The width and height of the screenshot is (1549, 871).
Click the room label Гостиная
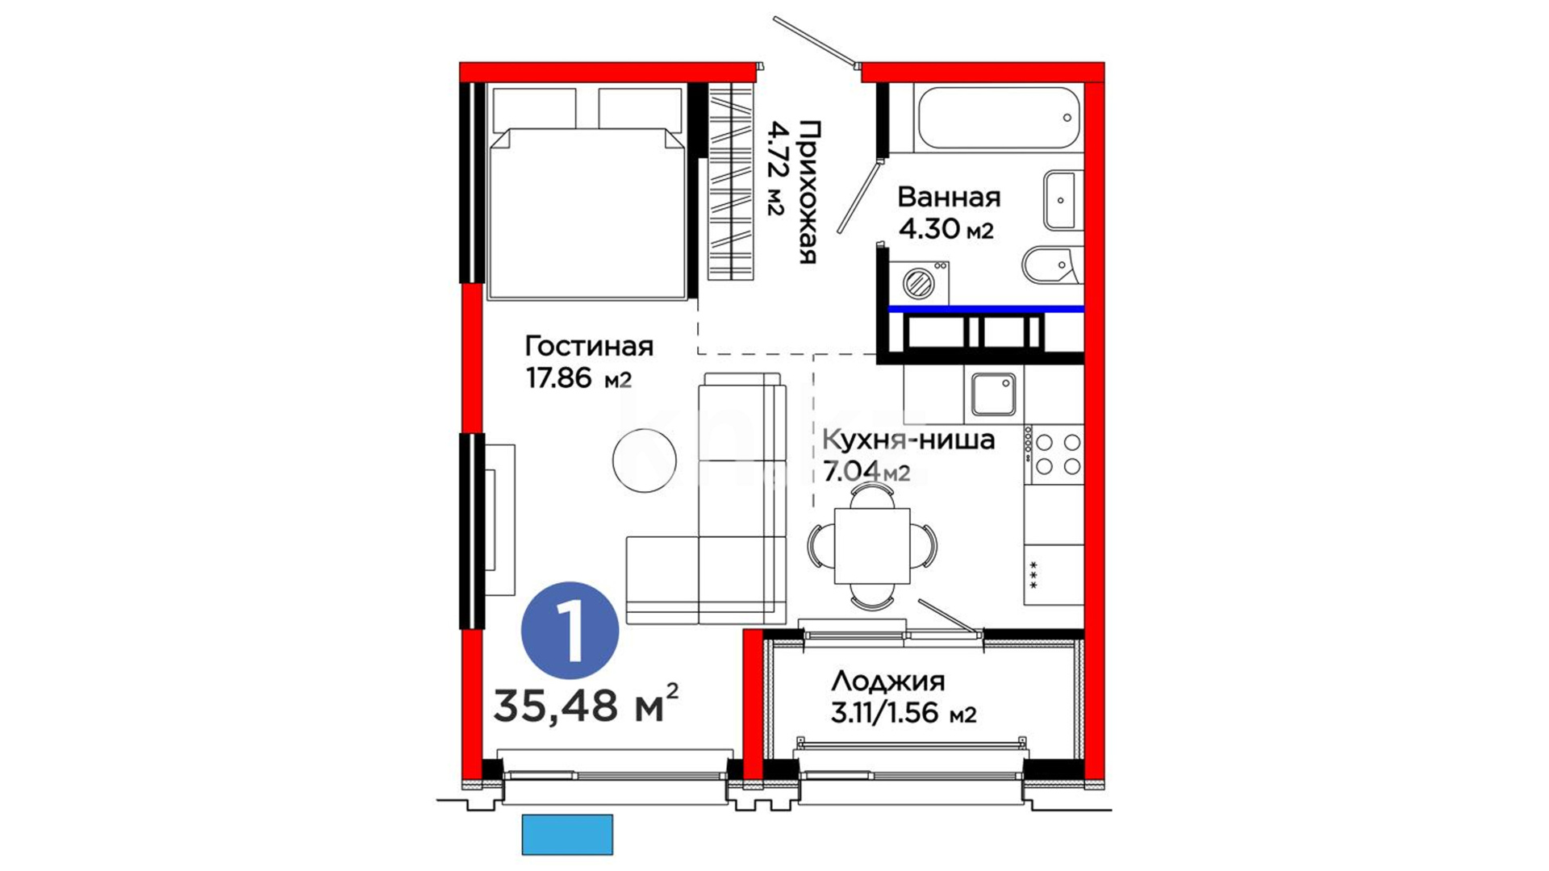click(x=589, y=347)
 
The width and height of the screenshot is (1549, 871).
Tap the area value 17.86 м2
click(x=579, y=377)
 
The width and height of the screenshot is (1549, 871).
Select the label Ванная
click(x=949, y=198)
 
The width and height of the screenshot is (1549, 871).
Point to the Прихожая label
click(x=808, y=192)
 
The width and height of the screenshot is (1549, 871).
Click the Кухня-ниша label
click(x=908, y=440)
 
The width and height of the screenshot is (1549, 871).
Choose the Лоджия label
click(x=887, y=681)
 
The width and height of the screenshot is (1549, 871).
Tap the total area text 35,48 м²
click(x=586, y=705)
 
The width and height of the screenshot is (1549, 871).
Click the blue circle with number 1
click(x=570, y=630)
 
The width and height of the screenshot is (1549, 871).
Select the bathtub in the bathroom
click(x=999, y=118)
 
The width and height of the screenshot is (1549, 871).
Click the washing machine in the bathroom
click(x=919, y=282)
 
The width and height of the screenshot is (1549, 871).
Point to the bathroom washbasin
click(x=1063, y=200)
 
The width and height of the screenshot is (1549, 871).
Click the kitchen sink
click(x=993, y=394)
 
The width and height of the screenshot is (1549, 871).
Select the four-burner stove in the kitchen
click(x=1054, y=454)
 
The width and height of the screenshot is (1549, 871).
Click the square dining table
click(x=872, y=546)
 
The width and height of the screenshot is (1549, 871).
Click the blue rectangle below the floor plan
click(x=567, y=835)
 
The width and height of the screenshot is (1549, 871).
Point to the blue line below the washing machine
click(x=986, y=309)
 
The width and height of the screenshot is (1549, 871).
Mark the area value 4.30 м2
click(x=946, y=229)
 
